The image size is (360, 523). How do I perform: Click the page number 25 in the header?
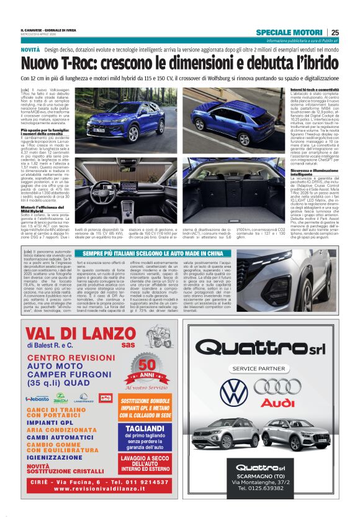click(x=335, y=32)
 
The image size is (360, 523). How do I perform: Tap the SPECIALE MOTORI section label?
click(x=290, y=32)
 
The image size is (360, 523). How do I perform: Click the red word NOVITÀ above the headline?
click(x=30, y=49)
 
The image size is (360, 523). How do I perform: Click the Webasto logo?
click(x=37, y=399)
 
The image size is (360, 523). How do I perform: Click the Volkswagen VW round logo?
click(x=233, y=392)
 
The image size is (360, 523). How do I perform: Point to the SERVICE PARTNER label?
click(x=257, y=368)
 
